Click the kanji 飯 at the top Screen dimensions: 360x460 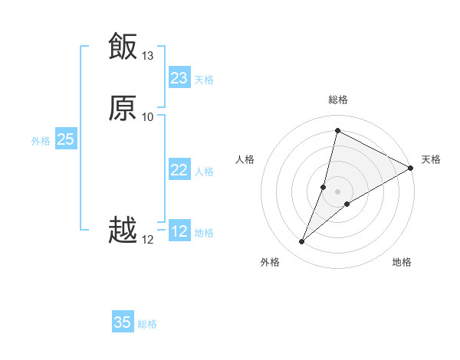pyautogui.click(x=123, y=47)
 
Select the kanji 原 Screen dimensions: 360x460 pyautogui.click(x=123, y=109)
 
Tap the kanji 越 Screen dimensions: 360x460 pyautogui.click(x=123, y=231)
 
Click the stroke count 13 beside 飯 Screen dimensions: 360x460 pyautogui.click(x=148, y=56)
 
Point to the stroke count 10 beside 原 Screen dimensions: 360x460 pyautogui.click(x=148, y=117)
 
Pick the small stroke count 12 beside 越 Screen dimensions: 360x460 pyautogui.click(x=148, y=240)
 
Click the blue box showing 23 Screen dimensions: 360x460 pyautogui.click(x=179, y=78)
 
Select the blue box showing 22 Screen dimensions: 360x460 pyautogui.click(x=179, y=170)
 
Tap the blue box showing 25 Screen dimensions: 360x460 pyautogui.click(x=65, y=139)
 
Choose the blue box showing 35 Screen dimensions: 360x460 pyautogui.click(x=123, y=322)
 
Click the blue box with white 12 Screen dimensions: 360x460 pyautogui.click(x=179, y=231)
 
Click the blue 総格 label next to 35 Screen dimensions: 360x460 pyautogui.click(x=147, y=324)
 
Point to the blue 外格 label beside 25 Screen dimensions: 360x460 pyautogui.click(x=41, y=141)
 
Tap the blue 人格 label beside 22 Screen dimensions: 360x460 pyautogui.click(x=204, y=172)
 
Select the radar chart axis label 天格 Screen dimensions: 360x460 pyautogui.click(x=431, y=159)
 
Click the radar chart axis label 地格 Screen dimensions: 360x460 pyautogui.click(x=402, y=262)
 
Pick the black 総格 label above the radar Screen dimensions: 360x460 pyautogui.click(x=338, y=100)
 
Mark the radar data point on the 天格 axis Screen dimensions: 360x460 pyautogui.click(x=411, y=168)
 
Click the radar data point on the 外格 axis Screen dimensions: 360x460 pyautogui.click(x=302, y=242)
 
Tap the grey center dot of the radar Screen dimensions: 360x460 pyautogui.click(x=338, y=191)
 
